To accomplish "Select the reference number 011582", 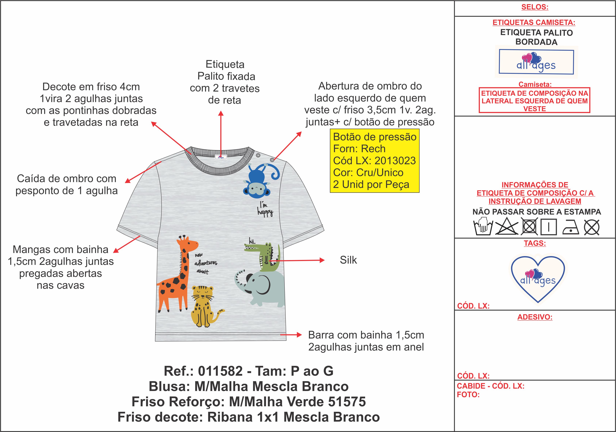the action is (x=220, y=371).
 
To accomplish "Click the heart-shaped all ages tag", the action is (x=538, y=279).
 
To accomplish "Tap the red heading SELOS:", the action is (x=535, y=7).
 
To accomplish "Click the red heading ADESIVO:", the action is (x=535, y=317).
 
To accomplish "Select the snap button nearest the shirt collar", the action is (x=258, y=155).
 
